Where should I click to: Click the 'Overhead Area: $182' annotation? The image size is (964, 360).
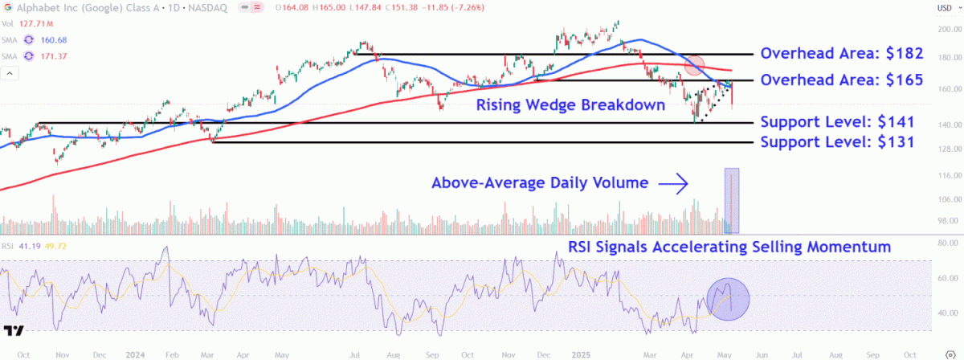click(x=842, y=54)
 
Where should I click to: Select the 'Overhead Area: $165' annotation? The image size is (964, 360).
click(x=842, y=80)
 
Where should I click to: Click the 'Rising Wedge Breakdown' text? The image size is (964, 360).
click(x=570, y=104)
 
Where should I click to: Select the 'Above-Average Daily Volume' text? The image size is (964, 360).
click(x=539, y=183)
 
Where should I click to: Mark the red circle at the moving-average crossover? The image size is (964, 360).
click(x=694, y=66)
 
